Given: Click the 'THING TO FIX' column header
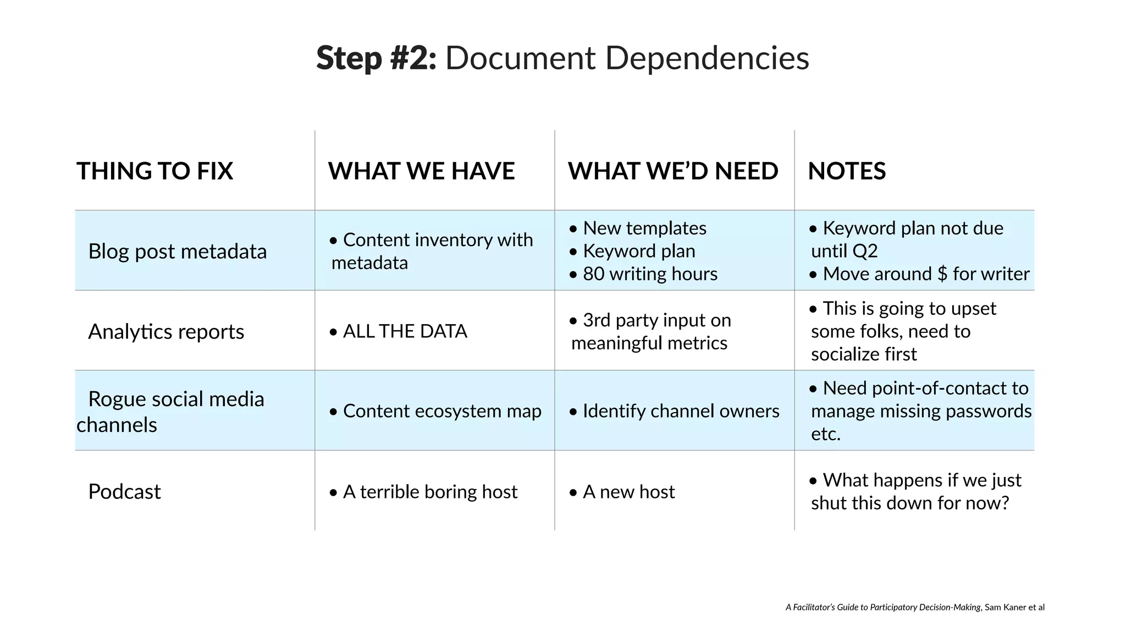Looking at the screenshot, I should [x=154, y=171].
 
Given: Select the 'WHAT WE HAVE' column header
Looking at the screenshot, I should [x=421, y=171].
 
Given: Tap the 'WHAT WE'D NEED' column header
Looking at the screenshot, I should [x=673, y=171].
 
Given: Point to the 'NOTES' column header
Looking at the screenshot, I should [x=847, y=171].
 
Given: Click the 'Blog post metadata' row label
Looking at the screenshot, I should [x=177, y=251].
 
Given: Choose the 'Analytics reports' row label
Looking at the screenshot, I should [x=166, y=331].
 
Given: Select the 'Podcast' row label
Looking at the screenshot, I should [x=124, y=491].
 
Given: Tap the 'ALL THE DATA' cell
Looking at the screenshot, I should [x=405, y=331].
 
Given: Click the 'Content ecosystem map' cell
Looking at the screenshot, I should [x=442, y=411].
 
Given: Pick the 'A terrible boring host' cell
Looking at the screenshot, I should [x=430, y=491].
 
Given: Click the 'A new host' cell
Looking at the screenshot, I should [x=628, y=491].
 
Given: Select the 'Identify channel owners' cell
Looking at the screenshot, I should [x=681, y=411].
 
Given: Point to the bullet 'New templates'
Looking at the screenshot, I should [x=644, y=228].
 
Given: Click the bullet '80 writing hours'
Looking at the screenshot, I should [x=650, y=274].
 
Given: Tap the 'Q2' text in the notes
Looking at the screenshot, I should [x=866, y=251].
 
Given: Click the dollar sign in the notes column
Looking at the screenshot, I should [x=942, y=274].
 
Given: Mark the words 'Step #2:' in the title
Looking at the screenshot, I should [x=376, y=58].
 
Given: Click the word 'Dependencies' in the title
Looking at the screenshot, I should [x=707, y=58].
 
